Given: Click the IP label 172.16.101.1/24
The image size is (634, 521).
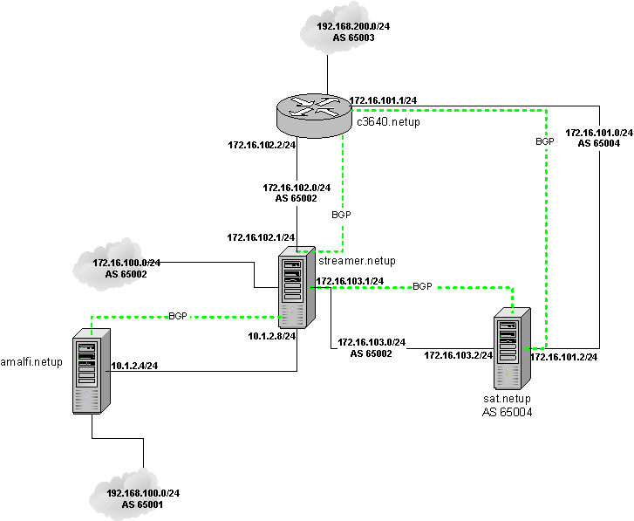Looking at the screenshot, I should tap(383, 100).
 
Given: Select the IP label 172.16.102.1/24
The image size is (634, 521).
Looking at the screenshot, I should tap(261, 237).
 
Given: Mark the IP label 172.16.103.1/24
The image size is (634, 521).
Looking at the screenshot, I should tap(350, 281).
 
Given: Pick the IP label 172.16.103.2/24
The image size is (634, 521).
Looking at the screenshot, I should tap(459, 355).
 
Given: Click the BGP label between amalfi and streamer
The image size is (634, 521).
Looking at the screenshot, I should tap(178, 316).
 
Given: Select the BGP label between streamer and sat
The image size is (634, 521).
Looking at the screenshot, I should tap(422, 286).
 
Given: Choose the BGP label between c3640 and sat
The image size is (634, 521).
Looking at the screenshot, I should tap(545, 141).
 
